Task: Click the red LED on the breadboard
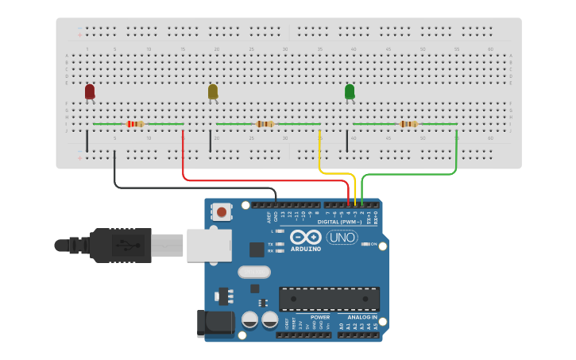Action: coord(90,92)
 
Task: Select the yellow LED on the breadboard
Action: coord(213,92)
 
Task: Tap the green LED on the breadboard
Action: coord(350,92)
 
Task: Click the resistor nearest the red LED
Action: coord(135,124)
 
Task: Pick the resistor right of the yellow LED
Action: coord(265,124)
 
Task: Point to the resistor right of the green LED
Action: coord(409,124)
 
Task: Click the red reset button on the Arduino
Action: coord(222,211)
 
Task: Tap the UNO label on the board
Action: coord(342,237)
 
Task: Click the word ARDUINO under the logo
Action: coord(306,249)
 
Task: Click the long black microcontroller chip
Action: coord(329,298)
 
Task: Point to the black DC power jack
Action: coord(214,322)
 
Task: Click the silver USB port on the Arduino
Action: coord(209,246)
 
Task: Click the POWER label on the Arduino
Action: coord(320,317)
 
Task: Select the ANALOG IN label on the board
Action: coord(362,317)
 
